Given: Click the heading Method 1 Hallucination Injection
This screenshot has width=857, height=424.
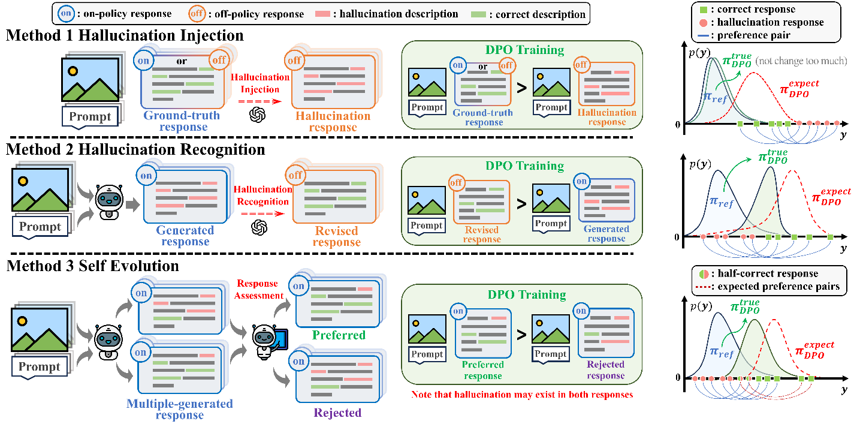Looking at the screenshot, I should click(x=125, y=35).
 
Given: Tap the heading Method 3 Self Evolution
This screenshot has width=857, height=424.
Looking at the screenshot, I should click(x=93, y=264).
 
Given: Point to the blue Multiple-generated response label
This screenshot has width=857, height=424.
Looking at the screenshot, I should click(x=179, y=410).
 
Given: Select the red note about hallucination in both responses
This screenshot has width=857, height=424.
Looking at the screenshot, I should click(x=521, y=395).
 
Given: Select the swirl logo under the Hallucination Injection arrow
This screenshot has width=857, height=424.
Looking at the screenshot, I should click(x=258, y=114).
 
